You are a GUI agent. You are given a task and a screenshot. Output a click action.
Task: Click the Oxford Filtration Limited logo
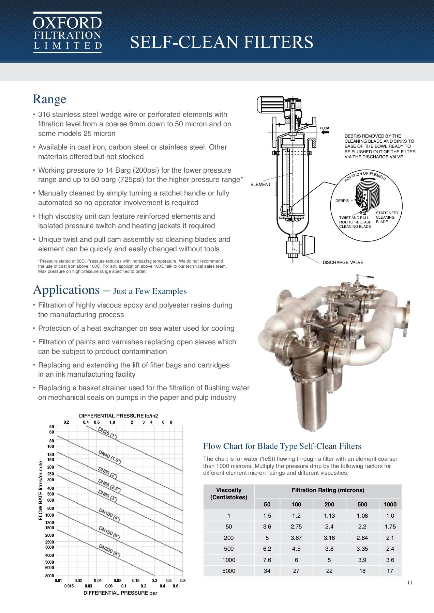coord(68,32)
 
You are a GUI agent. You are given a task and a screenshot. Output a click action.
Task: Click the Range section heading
coord(49,99)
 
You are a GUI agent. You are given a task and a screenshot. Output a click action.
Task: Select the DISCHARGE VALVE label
coord(343,262)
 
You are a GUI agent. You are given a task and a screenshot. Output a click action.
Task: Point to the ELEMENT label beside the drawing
coord(260,184)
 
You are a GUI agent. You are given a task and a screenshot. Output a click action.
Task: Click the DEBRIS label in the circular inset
coord(342,201)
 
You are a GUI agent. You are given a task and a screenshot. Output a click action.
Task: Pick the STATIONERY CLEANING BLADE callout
coord(387,217)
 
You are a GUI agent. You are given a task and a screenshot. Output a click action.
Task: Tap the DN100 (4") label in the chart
coord(109,515)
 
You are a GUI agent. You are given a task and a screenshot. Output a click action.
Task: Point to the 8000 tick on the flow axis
coord(50,576)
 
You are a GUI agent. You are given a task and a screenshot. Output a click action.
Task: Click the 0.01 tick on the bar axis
coord(58,581)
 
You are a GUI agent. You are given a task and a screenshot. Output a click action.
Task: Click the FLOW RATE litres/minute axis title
coord(41,490)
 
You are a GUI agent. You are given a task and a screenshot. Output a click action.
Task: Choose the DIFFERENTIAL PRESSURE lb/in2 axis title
coord(118,415)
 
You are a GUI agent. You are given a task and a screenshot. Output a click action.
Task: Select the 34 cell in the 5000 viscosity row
coord(267,571)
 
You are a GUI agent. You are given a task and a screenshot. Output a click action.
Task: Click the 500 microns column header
coord(362,504)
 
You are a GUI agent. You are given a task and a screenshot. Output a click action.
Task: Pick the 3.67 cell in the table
coord(296,538)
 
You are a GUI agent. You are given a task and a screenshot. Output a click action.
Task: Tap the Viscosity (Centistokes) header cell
coord(229,493)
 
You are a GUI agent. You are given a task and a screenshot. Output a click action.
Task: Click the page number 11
coord(409,582)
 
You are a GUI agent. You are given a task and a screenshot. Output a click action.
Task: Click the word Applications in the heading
coord(66,290)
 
